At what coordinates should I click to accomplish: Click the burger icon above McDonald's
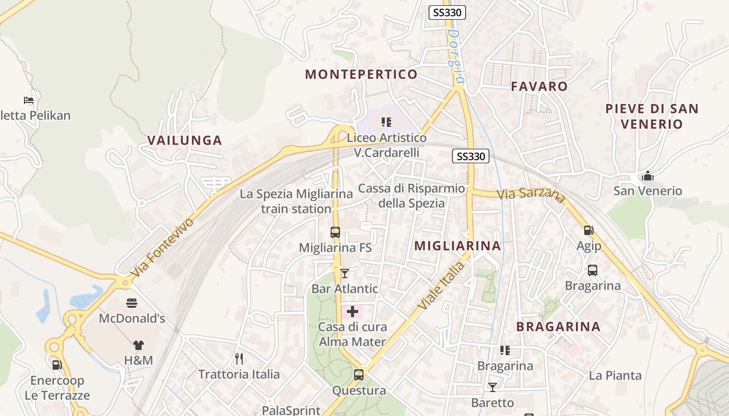(131, 303)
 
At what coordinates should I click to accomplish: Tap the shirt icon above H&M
(138, 345)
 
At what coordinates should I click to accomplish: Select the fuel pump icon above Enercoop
(57, 365)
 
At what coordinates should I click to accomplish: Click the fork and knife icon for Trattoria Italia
(239, 358)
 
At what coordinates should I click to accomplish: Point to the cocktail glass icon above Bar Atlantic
(345, 273)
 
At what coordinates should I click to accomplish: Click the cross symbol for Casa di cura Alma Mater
(353, 311)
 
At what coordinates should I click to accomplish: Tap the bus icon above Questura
(358, 374)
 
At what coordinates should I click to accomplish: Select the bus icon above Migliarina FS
(335, 232)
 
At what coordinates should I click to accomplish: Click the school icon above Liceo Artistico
(386, 122)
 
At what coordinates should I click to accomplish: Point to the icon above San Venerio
(648, 176)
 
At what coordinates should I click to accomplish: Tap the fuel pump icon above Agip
(589, 230)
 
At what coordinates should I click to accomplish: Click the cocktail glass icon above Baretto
(492, 387)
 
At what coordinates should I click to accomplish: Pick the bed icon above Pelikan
(29, 100)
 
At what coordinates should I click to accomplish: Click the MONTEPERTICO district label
(361, 74)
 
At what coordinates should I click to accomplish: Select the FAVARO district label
(539, 86)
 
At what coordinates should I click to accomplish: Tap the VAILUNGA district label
(184, 140)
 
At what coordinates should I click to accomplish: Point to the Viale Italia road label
(441, 285)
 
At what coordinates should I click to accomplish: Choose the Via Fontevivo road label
(162, 248)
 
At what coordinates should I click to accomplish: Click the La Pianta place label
(615, 375)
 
